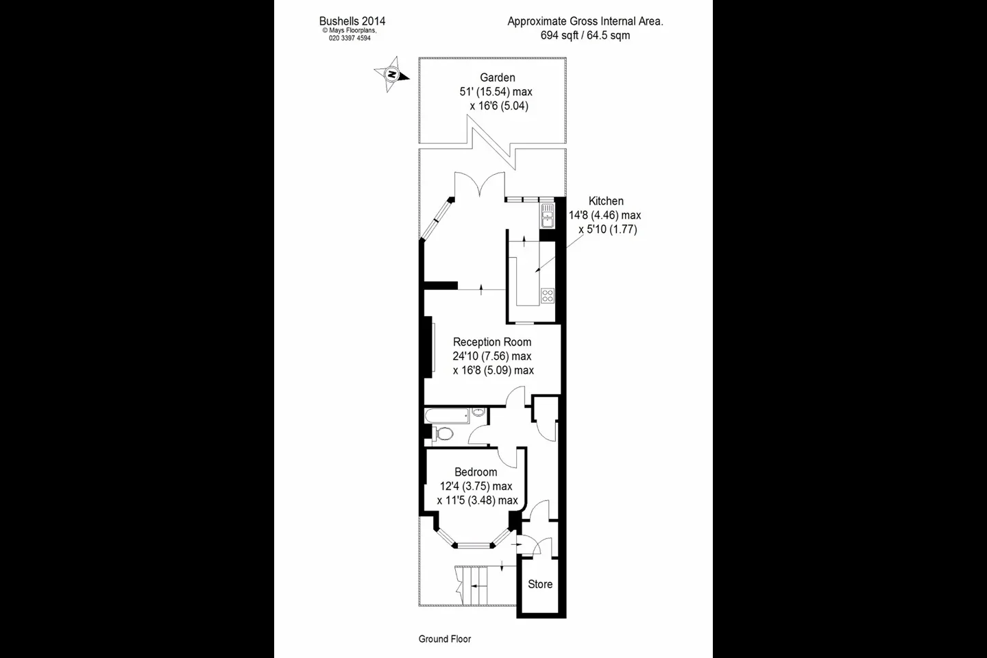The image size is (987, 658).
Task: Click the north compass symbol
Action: [x=391, y=74]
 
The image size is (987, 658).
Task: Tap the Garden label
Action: [x=498, y=77]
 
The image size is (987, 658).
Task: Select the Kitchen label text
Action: [x=606, y=201]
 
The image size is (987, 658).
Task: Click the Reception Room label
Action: [x=492, y=342]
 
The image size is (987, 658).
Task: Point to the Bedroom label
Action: [x=476, y=472]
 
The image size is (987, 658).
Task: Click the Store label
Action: [x=540, y=584]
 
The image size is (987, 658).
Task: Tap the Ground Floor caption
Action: [x=445, y=639]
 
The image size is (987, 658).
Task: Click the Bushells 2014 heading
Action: [x=352, y=21]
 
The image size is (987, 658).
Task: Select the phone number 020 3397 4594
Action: [x=350, y=38]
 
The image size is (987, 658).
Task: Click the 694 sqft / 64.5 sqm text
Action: [x=585, y=35]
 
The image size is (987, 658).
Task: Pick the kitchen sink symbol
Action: [x=547, y=215]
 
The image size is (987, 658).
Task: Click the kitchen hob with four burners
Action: [x=548, y=295]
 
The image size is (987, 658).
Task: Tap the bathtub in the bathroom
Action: [x=447, y=415]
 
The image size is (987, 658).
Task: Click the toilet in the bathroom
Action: [x=443, y=434]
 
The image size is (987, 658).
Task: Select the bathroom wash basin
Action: [x=478, y=413]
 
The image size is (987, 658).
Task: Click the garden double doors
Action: [x=480, y=185]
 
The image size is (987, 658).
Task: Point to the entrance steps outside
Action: [x=472, y=586]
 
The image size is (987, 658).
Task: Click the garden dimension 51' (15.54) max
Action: [x=496, y=92]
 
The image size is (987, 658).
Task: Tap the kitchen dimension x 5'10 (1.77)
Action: [x=607, y=229]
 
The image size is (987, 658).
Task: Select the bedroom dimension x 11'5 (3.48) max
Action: [x=477, y=500]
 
